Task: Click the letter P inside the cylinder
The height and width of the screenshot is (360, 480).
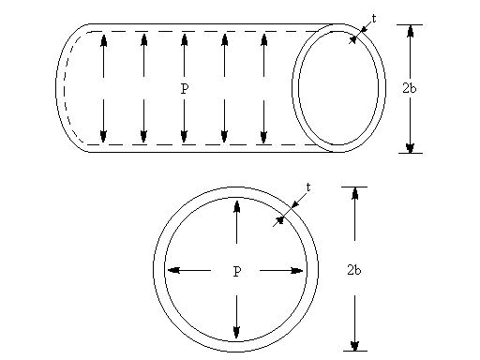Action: [x=184, y=88]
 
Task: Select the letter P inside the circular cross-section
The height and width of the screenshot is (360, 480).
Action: [x=236, y=271]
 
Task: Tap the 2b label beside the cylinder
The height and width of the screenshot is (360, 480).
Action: [x=409, y=88]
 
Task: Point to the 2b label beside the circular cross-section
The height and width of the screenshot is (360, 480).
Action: [x=353, y=270]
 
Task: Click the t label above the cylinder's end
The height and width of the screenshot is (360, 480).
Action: [x=374, y=18]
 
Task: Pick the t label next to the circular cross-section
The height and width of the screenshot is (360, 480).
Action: [x=307, y=187]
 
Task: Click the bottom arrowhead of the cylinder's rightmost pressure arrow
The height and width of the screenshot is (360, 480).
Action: [x=264, y=138]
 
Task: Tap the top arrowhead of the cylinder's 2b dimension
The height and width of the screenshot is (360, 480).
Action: [x=410, y=31]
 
